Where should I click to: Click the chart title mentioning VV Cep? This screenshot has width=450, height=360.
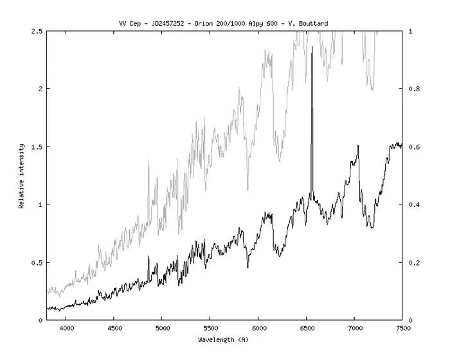224,24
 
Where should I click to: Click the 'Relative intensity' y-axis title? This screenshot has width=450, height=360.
21,175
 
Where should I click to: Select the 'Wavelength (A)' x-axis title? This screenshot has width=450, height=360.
224,339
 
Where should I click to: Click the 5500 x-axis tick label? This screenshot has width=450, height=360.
210,327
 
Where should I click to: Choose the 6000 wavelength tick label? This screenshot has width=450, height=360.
258,327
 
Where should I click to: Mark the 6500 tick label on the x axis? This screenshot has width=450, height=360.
306,327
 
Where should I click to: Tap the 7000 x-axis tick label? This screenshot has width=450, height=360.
354,327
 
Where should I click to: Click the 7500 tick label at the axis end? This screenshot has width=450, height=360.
402,327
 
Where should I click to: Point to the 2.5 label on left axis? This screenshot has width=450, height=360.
37,31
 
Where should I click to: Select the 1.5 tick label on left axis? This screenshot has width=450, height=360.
37,147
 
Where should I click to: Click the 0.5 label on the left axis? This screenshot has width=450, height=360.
37,262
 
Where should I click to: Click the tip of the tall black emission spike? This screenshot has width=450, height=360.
312,47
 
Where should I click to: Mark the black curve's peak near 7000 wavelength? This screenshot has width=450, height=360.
357,146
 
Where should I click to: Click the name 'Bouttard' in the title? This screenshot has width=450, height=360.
314,24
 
